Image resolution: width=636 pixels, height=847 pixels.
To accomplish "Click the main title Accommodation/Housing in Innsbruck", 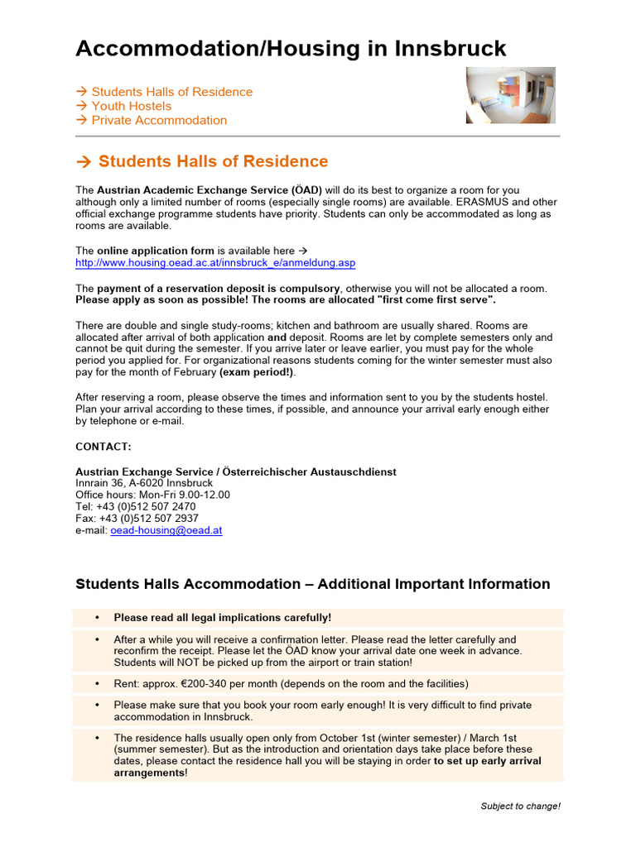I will [x=291, y=49].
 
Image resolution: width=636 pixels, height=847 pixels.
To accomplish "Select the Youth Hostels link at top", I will [x=131, y=106].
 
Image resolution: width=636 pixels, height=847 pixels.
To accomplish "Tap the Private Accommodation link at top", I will [x=158, y=120].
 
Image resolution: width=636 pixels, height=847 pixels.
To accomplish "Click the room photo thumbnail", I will [x=510, y=95].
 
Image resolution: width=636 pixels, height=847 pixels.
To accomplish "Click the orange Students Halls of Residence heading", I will [x=213, y=161].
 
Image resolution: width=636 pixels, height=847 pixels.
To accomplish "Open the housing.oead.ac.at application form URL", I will [x=215, y=263].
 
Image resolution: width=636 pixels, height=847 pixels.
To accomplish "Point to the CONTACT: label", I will [x=104, y=447].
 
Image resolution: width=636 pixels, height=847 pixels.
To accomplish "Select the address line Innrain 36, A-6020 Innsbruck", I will [x=144, y=483].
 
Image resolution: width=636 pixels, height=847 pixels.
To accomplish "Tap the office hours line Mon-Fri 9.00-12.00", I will [x=152, y=495].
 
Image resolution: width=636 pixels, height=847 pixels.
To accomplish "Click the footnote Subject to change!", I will [x=520, y=806].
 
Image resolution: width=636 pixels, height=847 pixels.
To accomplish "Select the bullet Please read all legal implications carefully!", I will [x=222, y=617].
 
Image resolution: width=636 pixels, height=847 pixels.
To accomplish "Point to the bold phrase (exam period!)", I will [x=258, y=372].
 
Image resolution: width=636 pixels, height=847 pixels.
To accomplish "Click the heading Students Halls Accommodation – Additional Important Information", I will [x=312, y=584].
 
